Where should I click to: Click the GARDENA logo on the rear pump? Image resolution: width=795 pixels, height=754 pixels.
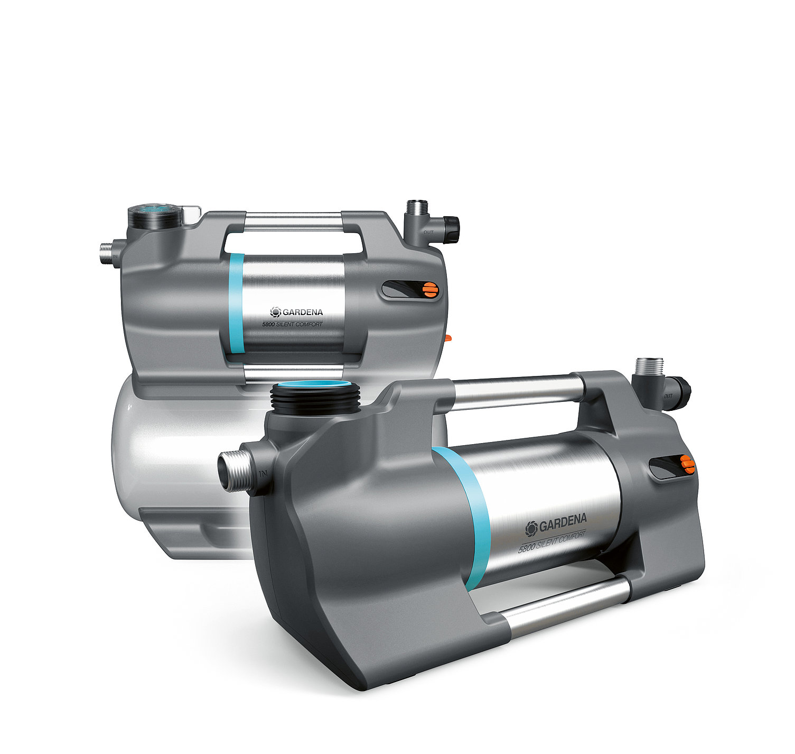(x=296, y=312)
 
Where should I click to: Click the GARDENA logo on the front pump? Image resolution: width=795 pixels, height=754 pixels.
(x=556, y=523)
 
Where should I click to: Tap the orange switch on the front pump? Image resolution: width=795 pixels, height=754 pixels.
(x=687, y=464)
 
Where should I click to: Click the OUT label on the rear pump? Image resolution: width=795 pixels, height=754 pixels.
(x=428, y=232)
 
